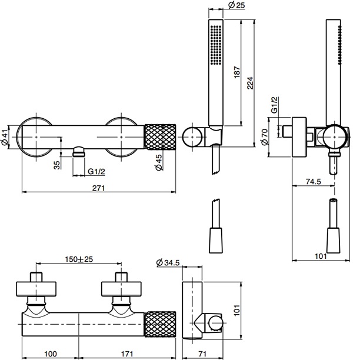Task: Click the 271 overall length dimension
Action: (x=98, y=188)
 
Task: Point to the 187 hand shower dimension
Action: (x=237, y=72)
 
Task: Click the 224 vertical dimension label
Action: (x=250, y=83)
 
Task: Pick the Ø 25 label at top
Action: (x=236, y=5)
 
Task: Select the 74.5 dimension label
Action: (x=314, y=182)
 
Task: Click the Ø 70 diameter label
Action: (x=265, y=137)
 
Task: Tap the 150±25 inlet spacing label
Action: (x=79, y=259)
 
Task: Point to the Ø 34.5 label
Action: (x=168, y=262)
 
